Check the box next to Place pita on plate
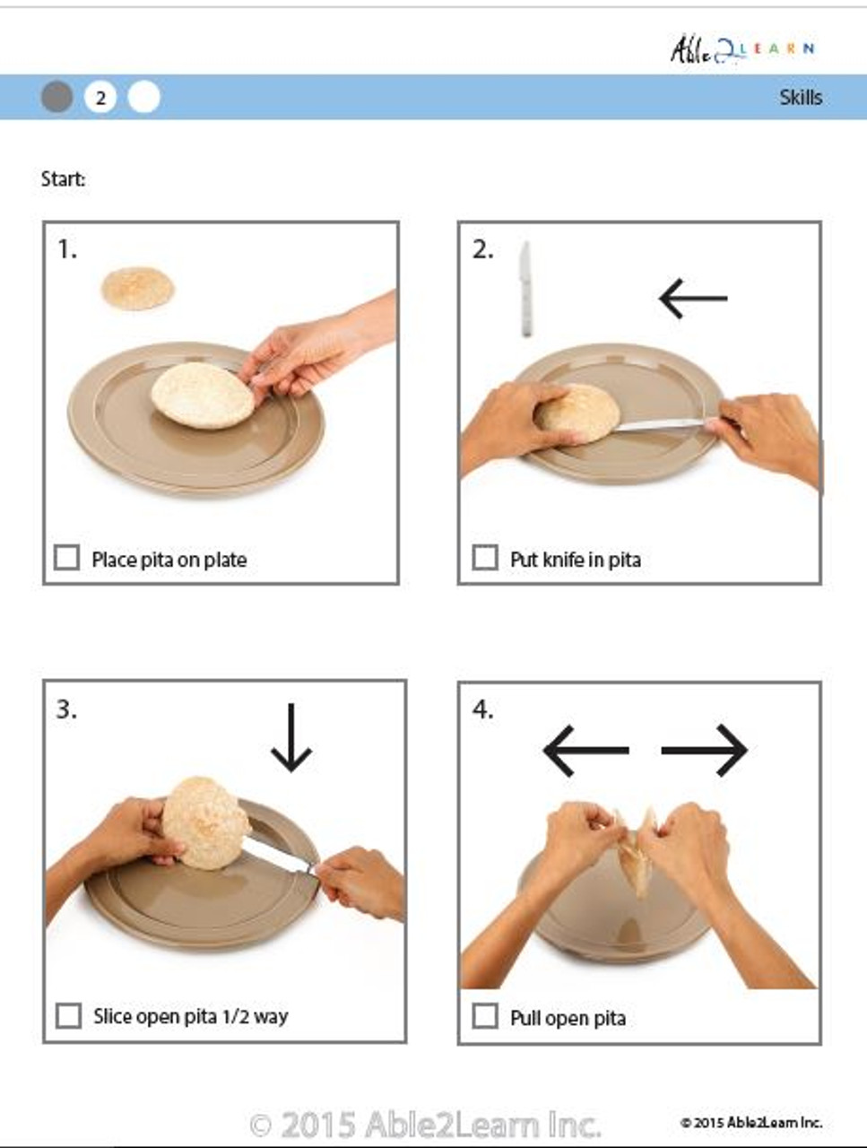pyautogui.click(x=67, y=558)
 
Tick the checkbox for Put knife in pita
pyautogui.click(x=484, y=558)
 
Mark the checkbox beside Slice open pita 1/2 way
pyautogui.click(x=68, y=1015)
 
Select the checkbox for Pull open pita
pyautogui.click(x=484, y=1016)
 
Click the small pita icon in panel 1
pyautogui.click(x=137, y=289)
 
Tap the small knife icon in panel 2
pyautogui.click(x=525, y=289)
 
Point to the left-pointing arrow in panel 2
pyautogui.click(x=692, y=299)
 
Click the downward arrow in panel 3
pyautogui.click(x=291, y=737)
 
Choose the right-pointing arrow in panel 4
pyautogui.click(x=705, y=750)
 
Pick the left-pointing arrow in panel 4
pyautogui.click(x=585, y=750)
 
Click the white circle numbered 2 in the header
pyautogui.click(x=100, y=97)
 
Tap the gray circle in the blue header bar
pyautogui.click(x=57, y=97)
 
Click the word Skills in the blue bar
pyautogui.click(x=800, y=97)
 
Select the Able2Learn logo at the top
pyautogui.click(x=741, y=49)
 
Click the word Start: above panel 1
pyautogui.click(x=63, y=179)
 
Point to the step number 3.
pyautogui.click(x=66, y=709)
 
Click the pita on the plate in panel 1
pyautogui.click(x=203, y=396)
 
